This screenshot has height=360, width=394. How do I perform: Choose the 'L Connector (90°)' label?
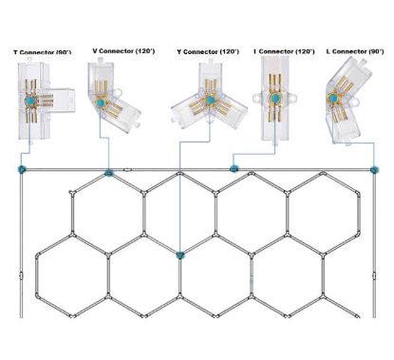(355, 50)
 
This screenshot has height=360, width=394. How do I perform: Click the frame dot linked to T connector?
(21, 169)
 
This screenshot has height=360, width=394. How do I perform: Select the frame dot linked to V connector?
(109, 174)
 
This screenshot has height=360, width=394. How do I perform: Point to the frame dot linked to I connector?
(234, 169)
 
